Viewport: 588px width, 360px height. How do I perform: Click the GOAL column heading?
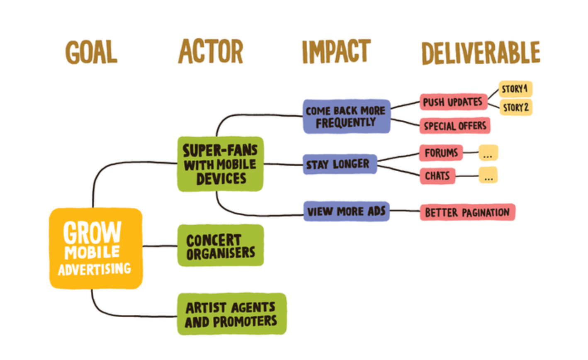(x=91, y=52)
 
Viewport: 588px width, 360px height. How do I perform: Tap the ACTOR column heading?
(x=211, y=51)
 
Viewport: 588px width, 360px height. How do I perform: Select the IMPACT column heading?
(x=336, y=51)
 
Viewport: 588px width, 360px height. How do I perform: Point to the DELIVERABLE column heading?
(x=481, y=53)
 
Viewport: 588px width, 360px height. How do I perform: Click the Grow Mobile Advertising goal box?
(x=96, y=248)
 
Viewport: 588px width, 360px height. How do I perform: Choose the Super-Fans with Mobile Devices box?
(x=220, y=164)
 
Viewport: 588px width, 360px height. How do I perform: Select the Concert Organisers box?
(x=220, y=246)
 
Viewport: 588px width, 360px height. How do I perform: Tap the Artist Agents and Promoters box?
(x=231, y=314)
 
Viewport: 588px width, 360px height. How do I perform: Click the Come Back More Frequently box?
(x=346, y=117)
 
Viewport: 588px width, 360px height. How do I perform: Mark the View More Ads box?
(x=346, y=211)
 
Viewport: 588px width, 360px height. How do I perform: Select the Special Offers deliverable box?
(x=455, y=126)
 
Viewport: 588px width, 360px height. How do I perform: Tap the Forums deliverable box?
(x=441, y=153)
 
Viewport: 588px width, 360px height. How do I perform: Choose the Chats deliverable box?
(x=437, y=176)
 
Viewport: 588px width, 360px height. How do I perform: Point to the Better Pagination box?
(x=467, y=212)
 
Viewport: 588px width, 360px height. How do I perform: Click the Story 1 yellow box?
(x=515, y=89)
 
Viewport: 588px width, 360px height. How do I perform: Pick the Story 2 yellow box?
(x=515, y=107)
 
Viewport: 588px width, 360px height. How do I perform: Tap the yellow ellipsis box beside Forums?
(x=488, y=153)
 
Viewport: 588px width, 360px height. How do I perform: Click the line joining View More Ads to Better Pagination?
(x=405, y=211)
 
